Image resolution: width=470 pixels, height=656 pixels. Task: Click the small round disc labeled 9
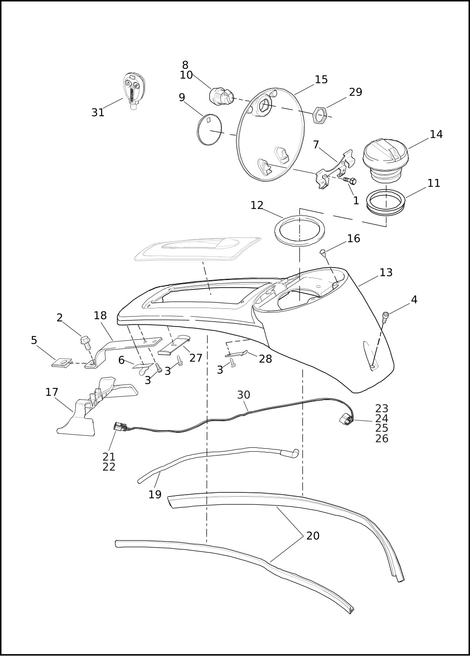209,130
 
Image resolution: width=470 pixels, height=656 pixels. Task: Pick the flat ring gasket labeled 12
299,231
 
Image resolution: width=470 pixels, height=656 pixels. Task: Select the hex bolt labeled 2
86,342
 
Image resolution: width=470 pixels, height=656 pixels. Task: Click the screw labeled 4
386,316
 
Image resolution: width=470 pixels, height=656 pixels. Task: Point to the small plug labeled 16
323,253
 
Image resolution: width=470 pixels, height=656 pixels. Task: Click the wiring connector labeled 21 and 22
120,427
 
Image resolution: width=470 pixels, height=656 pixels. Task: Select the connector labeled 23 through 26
345,419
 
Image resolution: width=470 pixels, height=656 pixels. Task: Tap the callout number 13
386,273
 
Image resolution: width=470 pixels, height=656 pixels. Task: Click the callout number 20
313,536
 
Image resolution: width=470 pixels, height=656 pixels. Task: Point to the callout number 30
243,395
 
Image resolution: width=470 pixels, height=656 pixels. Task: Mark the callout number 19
155,495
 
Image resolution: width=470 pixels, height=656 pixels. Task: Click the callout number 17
52,392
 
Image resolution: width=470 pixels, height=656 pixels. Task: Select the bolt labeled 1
349,181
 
